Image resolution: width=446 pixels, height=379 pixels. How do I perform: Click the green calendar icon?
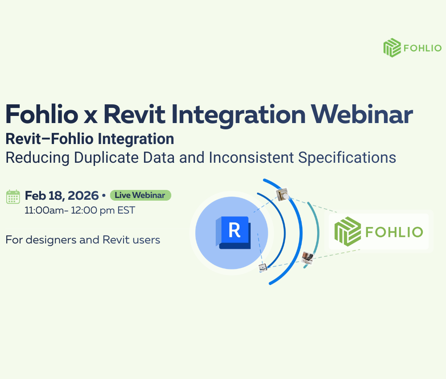tap(13, 197)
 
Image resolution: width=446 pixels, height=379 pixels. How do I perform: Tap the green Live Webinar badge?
tap(140, 195)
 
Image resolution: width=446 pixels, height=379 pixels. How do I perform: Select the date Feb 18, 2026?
tap(62, 196)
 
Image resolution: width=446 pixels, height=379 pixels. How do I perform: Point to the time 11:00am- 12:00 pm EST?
tap(80, 210)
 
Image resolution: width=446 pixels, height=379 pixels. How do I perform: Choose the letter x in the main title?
tap(85, 115)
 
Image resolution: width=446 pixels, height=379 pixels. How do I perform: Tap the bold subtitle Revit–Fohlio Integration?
tap(90, 139)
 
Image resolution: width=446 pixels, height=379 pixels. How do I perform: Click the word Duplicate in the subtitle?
tap(110, 157)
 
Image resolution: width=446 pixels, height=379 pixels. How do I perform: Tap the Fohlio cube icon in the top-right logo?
tap(392, 48)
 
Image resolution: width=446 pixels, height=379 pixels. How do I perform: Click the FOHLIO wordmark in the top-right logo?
tap(422, 48)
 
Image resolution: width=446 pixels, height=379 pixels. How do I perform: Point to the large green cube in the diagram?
tap(347, 231)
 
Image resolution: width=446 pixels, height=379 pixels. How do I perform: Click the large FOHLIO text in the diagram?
tap(393, 232)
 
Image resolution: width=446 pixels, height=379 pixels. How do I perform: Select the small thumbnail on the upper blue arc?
tap(282, 194)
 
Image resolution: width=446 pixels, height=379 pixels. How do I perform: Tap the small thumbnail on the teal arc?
tap(307, 258)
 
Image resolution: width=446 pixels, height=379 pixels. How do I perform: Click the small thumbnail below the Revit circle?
tap(263, 268)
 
